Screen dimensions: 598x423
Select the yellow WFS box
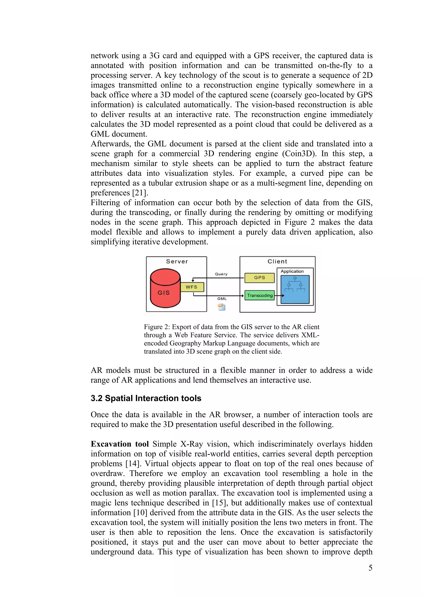[x=192, y=287]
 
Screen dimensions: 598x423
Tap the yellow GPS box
[x=259, y=278]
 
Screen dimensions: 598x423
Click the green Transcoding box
[x=260, y=295]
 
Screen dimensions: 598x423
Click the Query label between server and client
[x=221, y=274]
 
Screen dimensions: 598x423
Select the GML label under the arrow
[x=222, y=299]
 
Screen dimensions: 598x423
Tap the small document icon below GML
[x=222, y=307]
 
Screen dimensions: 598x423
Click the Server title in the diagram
[x=177, y=262]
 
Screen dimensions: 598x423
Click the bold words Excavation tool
[x=120, y=444]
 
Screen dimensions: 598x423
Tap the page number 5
[x=370, y=568]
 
